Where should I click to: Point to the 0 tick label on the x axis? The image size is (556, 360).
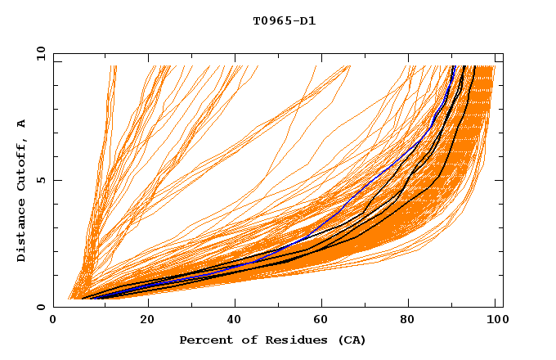tap(54, 321)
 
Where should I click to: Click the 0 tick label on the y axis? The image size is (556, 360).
tap(41, 308)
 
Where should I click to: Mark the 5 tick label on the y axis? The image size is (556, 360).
tap(41, 181)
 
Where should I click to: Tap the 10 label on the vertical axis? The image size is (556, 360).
tap(38, 54)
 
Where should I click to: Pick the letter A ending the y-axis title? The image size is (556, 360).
tap(21, 123)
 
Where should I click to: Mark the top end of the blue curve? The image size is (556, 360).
tap(454, 66)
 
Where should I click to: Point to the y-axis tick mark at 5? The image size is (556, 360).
tap(56, 181)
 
